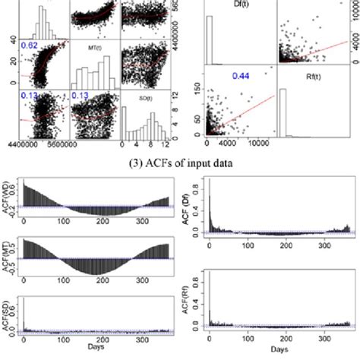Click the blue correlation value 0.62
30,47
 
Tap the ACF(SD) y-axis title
8,311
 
